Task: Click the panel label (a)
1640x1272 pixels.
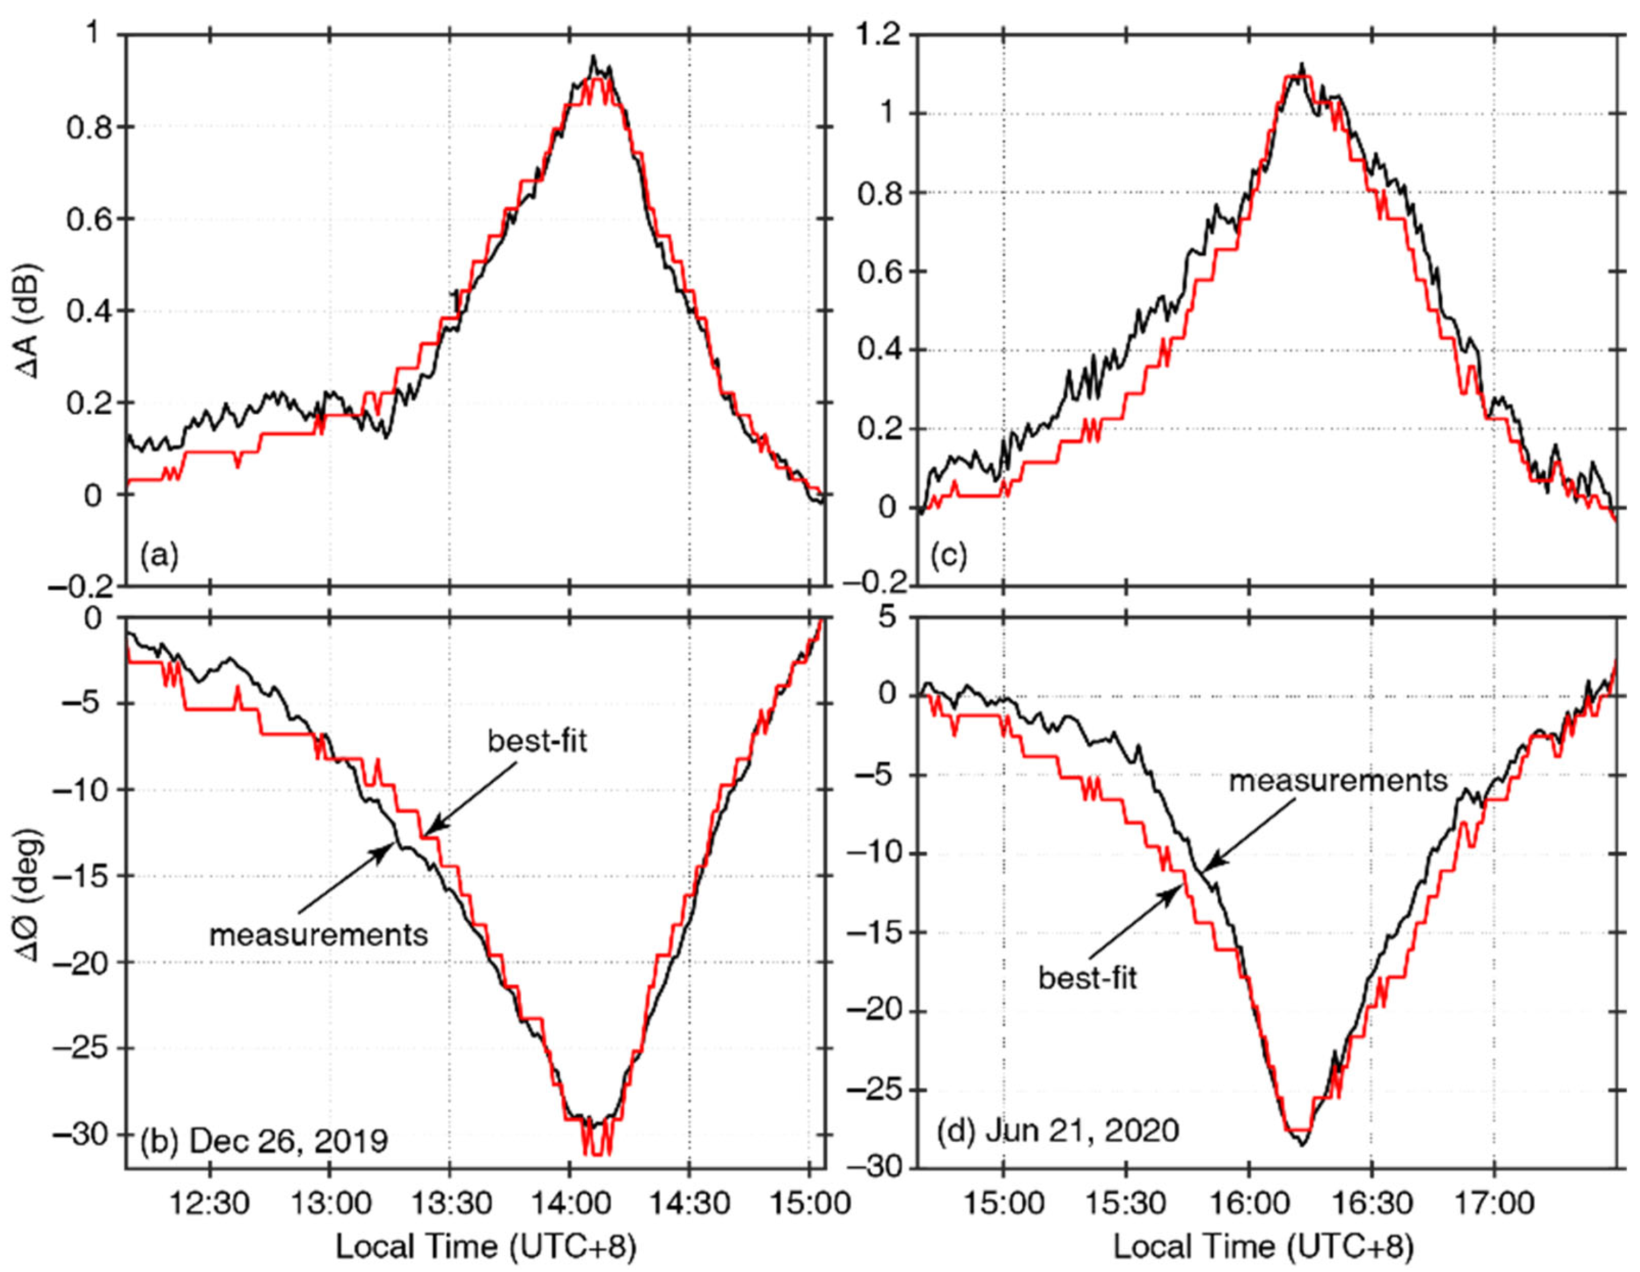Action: [159, 556]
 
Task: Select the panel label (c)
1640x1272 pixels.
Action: [948, 556]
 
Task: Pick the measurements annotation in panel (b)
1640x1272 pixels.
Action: [318, 935]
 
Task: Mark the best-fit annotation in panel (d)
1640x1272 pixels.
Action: [1087, 978]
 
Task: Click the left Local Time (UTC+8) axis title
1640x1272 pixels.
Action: [485, 1247]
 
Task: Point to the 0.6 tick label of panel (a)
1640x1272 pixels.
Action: [88, 220]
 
